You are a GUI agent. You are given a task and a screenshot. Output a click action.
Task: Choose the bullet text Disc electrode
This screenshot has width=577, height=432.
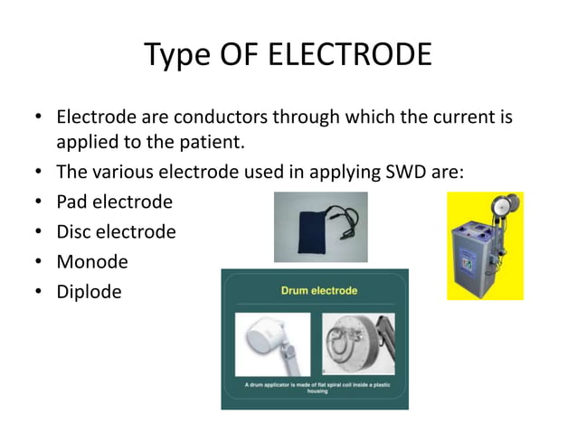coord(116,231)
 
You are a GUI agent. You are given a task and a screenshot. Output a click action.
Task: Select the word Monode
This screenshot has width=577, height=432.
coord(92,261)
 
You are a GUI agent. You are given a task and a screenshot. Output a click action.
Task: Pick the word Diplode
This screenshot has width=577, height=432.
coord(89,291)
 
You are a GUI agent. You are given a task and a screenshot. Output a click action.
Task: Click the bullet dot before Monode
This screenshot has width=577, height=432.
coord(39,262)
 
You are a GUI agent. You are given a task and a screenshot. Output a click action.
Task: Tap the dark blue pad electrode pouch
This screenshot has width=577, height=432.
coord(306,229)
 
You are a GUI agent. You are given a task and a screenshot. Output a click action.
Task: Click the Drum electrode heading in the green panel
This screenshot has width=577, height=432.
coord(315,291)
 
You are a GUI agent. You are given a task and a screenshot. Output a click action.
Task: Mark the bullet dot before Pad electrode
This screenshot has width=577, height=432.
coord(39,202)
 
